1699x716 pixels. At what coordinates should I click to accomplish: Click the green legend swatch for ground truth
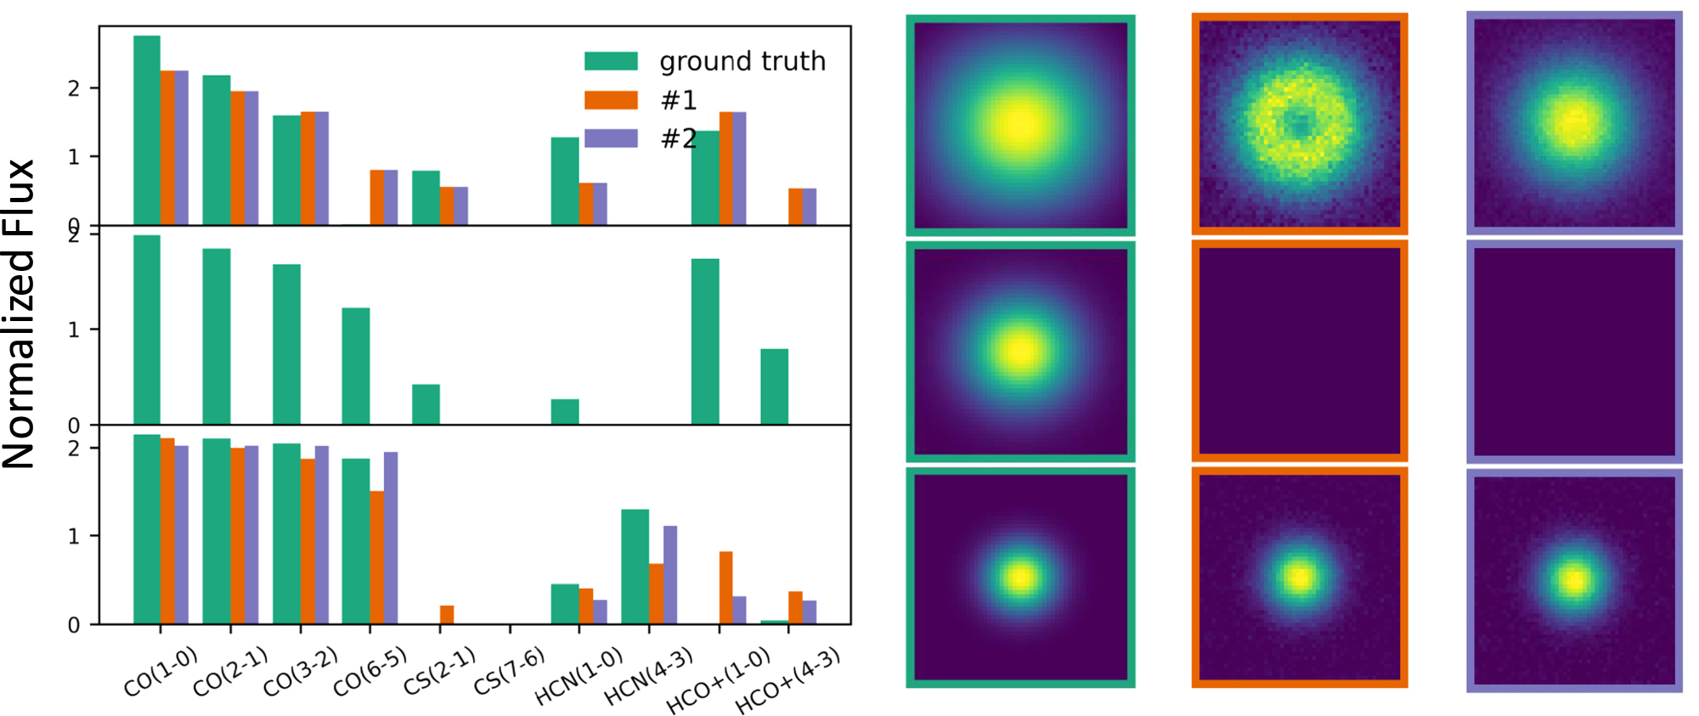(x=611, y=61)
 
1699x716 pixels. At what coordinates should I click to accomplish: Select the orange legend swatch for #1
(x=611, y=100)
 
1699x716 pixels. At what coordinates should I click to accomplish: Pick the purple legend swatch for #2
(x=611, y=138)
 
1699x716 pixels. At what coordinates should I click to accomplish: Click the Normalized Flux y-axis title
(x=19, y=314)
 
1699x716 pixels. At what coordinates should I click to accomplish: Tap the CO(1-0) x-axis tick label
(x=160, y=672)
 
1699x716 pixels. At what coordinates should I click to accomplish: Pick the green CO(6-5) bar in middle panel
(x=356, y=366)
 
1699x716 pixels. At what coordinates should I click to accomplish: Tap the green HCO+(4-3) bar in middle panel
(x=774, y=386)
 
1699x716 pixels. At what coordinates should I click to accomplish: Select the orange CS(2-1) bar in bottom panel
(x=447, y=615)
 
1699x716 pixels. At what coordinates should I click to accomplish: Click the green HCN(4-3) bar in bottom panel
(x=635, y=567)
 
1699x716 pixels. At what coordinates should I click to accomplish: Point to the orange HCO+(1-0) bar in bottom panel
(x=726, y=588)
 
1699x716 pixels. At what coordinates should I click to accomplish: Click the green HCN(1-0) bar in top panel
(x=565, y=181)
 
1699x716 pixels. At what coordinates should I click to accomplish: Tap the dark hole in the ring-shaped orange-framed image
(x=1297, y=124)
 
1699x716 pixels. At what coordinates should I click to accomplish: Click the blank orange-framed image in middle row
(x=1299, y=351)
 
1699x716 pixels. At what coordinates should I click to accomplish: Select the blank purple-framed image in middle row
(x=1574, y=351)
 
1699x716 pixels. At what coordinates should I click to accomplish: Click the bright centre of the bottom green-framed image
(x=1020, y=578)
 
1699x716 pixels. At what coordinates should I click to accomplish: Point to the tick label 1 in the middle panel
(x=74, y=330)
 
